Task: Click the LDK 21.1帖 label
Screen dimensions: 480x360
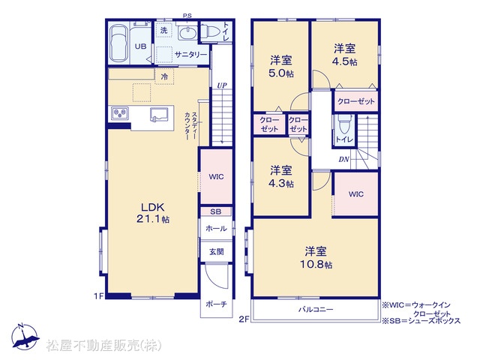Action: pyautogui.click(x=153, y=213)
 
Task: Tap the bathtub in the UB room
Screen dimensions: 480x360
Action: pyautogui.click(x=118, y=43)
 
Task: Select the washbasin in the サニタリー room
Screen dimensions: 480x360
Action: pyautogui.click(x=187, y=33)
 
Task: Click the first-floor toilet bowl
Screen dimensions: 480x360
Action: pyautogui.click(x=209, y=31)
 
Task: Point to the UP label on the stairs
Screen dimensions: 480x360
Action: pyautogui.click(x=222, y=85)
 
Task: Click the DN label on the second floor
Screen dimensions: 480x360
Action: pyautogui.click(x=343, y=159)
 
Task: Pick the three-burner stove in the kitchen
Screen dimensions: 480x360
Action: pyautogui.click(x=120, y=113)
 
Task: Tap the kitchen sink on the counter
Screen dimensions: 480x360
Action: pyautogui.click(x=159, y=115)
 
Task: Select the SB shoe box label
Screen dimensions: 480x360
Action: pyautogui.click(x=216, y=211)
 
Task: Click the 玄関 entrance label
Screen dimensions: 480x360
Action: pyautogui.click(x=216, y=252)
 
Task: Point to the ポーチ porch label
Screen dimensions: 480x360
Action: pyautogui.click(x=216, y=304)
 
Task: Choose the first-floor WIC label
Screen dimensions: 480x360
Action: pyautogui.click(x=216, y=177)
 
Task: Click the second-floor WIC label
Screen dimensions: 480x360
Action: pyautogui.click(x=356, y=194)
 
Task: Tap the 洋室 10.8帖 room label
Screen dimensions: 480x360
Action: pyautogui.click(x=316, y=258)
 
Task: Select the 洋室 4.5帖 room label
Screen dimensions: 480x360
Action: pyautogui.click(x=345, y=55)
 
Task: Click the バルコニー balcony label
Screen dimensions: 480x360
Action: pyautogui.click(x=316, y=310)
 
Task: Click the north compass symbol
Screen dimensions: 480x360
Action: pyautogui.click(x=25, y=336)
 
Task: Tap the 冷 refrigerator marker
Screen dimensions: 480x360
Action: pyautogui.click(x=164, y=76)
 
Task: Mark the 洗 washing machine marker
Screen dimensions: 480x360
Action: pyautogui.click(x=164, y=30)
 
